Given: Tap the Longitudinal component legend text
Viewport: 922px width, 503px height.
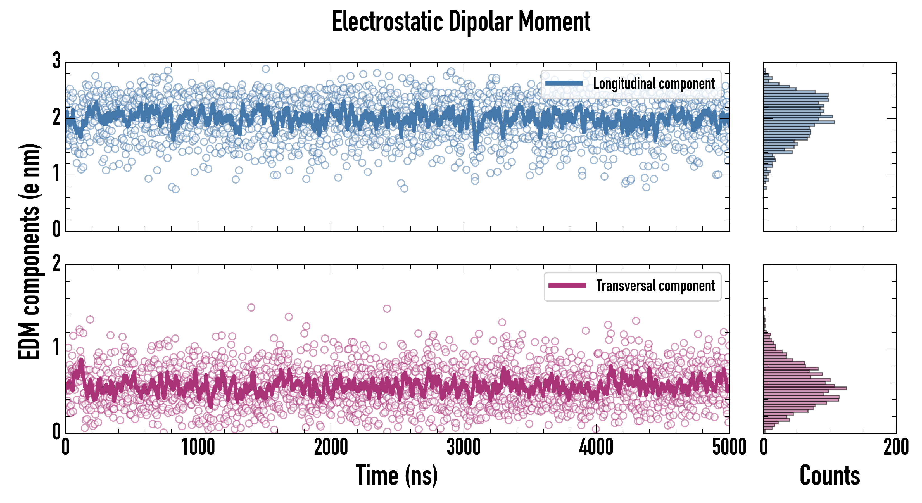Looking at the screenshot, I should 654,84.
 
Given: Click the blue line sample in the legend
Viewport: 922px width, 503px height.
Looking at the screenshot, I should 564,84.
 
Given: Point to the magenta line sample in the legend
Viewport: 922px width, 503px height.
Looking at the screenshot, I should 567,286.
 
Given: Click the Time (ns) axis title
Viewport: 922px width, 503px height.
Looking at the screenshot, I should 396,475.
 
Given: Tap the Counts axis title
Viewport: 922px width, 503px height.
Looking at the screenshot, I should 829,475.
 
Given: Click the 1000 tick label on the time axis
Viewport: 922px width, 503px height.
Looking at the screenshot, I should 198,447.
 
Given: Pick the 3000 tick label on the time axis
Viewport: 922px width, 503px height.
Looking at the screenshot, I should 464,447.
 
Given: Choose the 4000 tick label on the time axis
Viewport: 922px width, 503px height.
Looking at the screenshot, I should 596,447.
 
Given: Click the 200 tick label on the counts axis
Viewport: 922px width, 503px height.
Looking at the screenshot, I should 896,447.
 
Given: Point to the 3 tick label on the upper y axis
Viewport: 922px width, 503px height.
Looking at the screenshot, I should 56,61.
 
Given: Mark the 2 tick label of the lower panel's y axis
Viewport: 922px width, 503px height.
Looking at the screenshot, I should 56,264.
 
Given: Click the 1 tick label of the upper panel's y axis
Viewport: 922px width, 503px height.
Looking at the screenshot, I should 56,174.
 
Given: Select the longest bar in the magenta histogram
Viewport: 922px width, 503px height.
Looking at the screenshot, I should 805,388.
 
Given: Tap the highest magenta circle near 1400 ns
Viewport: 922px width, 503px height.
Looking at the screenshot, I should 251,307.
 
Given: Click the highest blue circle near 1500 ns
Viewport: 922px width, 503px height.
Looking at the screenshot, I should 266,69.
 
